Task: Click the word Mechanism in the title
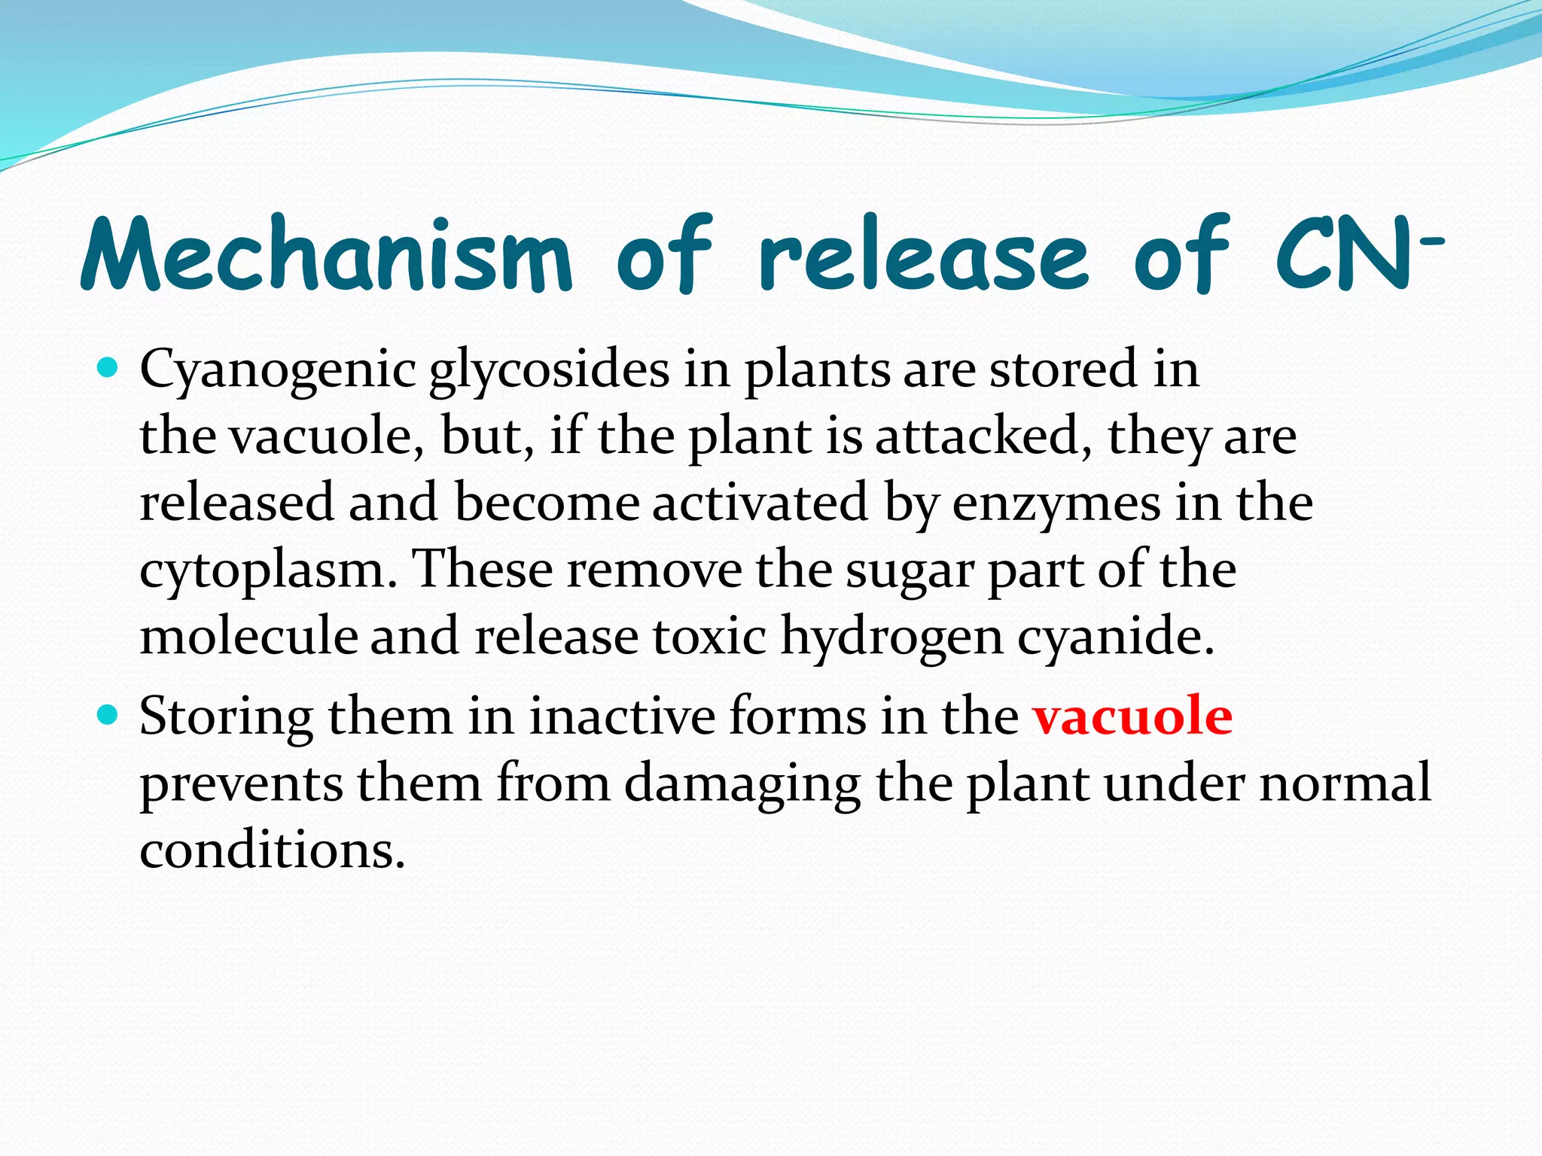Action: pyautogui.click(x=325, y=254)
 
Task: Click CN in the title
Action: pyautogui.click(x=1344, y=254)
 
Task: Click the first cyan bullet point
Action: pyautogui.click(x=108, y=369)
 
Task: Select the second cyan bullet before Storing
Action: pyautogui.click(x=108, y=714)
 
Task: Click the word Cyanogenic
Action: pyautogui.click(x=278, y=371)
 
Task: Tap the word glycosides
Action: pyautogui.click(x=550, y=371)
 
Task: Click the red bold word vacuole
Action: pyautogui.click(x=1132, y=716)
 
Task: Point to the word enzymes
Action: pyautogui.click(x=1056, y=504)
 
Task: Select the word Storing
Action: pyautogui.click(x=226, y=718)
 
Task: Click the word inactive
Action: pyautogui.click(x=621, y=716)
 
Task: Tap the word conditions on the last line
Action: pyautogui.click(x=272, y=850)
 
